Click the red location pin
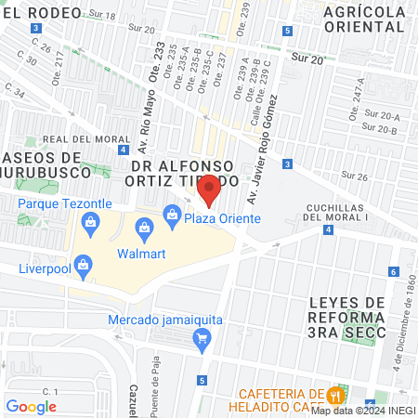pyautogui.click(x=210, y=189)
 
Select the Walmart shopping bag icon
pyautogui.click(x=144, y=228)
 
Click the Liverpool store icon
pyautogui.click(x=84, y=264)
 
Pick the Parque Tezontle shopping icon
pyautogui.click(x=90, y=221)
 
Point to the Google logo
pyautogui.click(x=31, y=406)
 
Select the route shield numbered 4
pyautogui.click(x=329, y=229)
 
